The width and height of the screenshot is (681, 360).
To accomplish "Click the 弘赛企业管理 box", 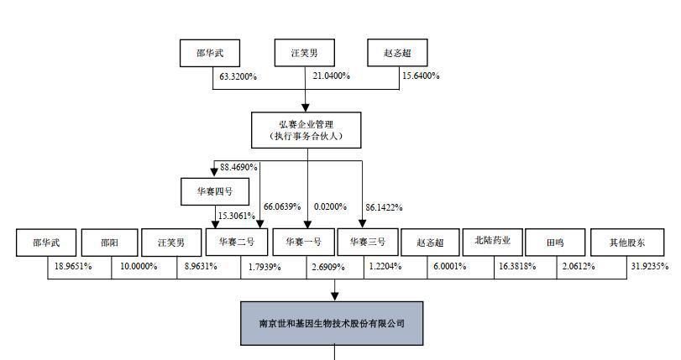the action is [306, 130].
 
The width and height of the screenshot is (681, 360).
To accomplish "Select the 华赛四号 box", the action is [215, 191].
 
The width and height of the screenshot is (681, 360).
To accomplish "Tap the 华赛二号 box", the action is [237, 242].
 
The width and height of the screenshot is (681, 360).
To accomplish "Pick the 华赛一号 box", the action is [304, 242].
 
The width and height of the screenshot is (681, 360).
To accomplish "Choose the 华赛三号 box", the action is [368, 242].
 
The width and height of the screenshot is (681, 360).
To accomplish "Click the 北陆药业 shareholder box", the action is [493, 242].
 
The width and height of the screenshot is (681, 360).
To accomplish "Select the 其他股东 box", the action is [627, 243].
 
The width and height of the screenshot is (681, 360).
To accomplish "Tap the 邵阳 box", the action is [109, 243].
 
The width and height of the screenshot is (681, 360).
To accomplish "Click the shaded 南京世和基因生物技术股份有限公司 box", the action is [332, 324].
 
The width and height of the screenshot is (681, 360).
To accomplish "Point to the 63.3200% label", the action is [238, 77].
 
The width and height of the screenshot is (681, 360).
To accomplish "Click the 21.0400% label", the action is [332, 76].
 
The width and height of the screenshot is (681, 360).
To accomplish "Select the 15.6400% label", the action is [421, 76].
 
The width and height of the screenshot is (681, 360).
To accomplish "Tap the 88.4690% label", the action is [238, 167].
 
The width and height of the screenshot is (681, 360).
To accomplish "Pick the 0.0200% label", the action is [331, 207].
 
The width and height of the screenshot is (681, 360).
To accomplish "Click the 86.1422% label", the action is [384, 207].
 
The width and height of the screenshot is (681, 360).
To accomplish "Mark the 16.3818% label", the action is [517, 266].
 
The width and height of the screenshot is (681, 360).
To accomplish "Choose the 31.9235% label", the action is [650, 266].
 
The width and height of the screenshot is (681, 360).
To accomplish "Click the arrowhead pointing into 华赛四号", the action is [214, 172].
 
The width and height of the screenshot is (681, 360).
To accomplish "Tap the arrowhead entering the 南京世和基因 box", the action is [334, 296].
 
